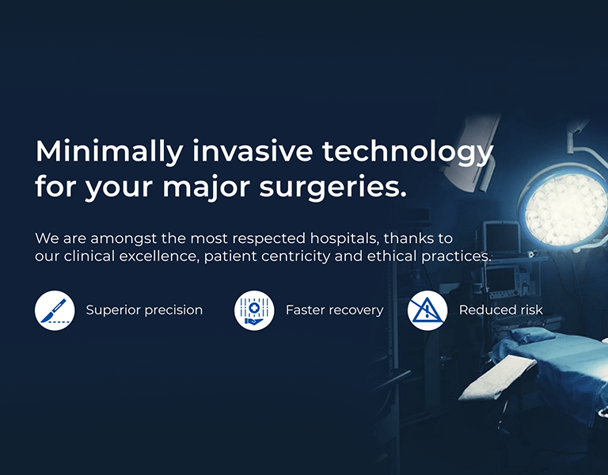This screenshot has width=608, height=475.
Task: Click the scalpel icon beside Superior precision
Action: click(55, 310)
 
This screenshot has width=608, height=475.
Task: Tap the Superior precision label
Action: click(144, 310)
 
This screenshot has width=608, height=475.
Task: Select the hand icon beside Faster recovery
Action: click(254, 310)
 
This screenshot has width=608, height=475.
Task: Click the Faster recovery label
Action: click(334, 310)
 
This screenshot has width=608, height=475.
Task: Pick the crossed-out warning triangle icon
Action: click(427, 310)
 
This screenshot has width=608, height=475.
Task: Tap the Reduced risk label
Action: click(501, 310)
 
